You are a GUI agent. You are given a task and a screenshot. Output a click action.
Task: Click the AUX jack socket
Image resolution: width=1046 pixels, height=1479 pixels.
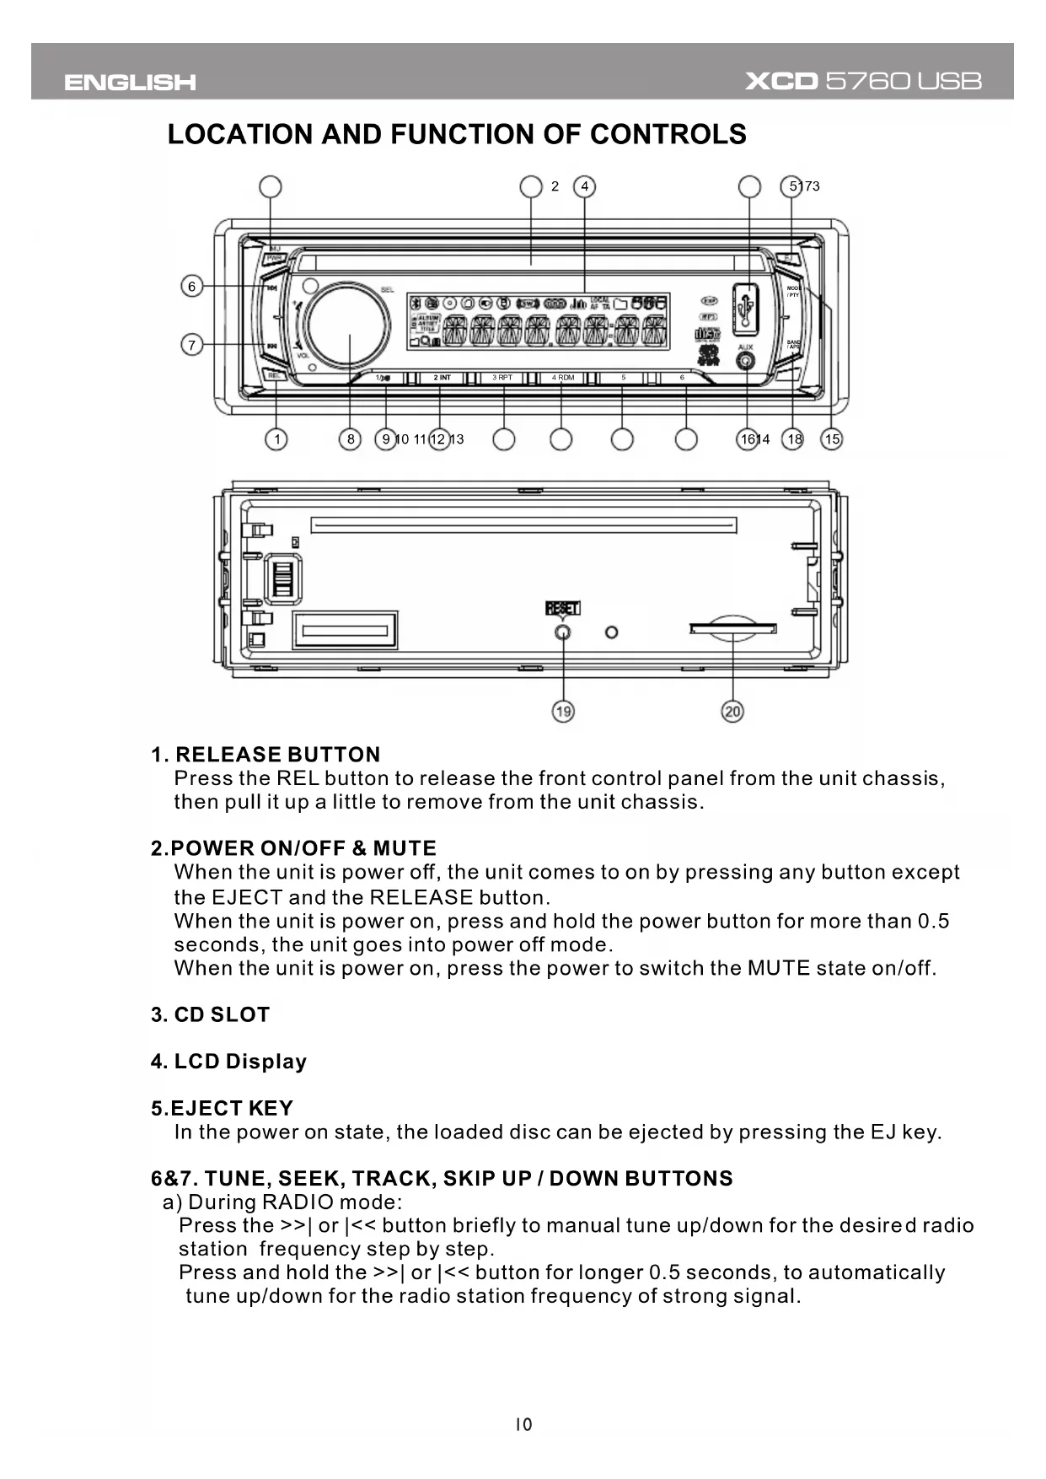(x=746, y=363)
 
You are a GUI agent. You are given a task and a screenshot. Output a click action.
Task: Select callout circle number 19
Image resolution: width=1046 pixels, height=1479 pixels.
(x=563, y=712)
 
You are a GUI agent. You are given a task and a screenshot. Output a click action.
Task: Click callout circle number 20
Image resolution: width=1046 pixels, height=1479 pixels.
(x=732, y=712)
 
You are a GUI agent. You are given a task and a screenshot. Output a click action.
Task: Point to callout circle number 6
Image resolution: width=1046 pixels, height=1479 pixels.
(x=192, y=287)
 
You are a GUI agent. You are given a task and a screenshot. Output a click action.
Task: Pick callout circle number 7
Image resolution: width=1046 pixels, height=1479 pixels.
(x=192, y=345)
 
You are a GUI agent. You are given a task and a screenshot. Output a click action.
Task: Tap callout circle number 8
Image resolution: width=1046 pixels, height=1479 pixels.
(x=350, y=439)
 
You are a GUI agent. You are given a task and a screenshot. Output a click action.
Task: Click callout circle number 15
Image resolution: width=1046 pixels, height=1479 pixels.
(x=832, y=439)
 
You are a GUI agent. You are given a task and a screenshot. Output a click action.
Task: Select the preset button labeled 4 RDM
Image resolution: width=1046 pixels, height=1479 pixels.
(x=562, y=378)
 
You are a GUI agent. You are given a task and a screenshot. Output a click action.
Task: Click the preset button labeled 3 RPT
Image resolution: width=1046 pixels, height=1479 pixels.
(x=502, y=378)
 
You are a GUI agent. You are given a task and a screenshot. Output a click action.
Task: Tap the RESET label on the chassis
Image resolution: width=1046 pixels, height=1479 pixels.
(x=563, y=609)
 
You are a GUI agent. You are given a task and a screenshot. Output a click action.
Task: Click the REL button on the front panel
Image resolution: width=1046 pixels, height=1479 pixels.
(x=274, y=376)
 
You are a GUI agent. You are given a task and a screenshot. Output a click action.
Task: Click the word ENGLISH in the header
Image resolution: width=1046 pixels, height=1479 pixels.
(x=130, y=83)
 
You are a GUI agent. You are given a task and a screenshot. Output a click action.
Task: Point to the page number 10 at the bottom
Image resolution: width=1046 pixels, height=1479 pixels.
(x=523, y=1425)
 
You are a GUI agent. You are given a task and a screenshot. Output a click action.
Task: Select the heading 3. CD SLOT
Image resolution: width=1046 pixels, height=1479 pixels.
(x=211, y=1014)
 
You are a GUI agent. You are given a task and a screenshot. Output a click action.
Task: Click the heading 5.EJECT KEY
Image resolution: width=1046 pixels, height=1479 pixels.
(x=223, y=1108)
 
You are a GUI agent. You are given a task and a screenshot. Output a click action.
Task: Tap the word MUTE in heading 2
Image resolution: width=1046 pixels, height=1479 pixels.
(x=405, y=848)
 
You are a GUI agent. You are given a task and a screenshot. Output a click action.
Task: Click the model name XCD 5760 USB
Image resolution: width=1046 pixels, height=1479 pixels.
(x=863, y=82)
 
